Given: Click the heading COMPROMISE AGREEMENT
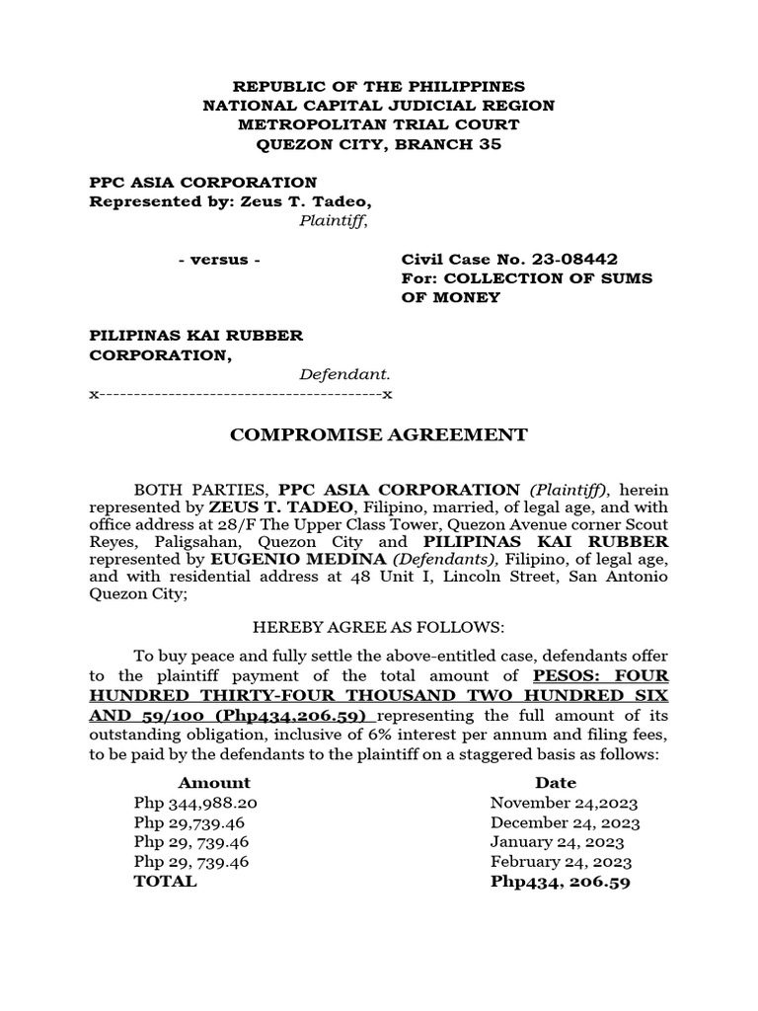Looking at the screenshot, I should click(378, 434).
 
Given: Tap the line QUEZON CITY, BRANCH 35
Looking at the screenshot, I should click(378, 144).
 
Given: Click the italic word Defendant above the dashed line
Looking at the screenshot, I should click(344, 374).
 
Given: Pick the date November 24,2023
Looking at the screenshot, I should click(558, 803).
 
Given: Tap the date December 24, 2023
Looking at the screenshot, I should click(565, 822).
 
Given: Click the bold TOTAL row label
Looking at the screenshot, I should click(165, 882).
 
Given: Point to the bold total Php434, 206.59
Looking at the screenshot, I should click(560, 882).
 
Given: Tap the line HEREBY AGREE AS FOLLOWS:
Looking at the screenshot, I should click(378, 627).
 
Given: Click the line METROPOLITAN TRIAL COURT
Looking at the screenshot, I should click(378, 125).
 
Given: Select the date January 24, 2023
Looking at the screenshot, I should click(557, 842).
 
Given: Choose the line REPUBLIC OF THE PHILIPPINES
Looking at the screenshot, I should click(378, 87).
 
